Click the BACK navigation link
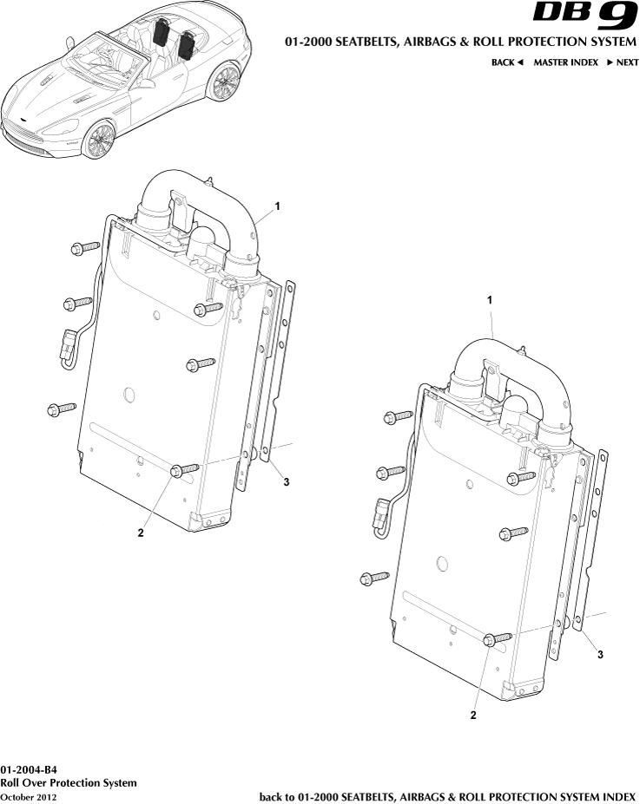coord(507,62)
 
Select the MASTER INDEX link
coord(565,62)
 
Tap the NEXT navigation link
coord(623,62)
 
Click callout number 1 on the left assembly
coord(277,206)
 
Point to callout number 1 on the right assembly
coord(490,299)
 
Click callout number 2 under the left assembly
coord(140,533)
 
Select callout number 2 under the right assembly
coord(473,716)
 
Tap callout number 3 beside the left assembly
coord(287,482)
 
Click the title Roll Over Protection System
coord(69,782)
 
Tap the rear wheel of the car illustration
coord(227,83)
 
